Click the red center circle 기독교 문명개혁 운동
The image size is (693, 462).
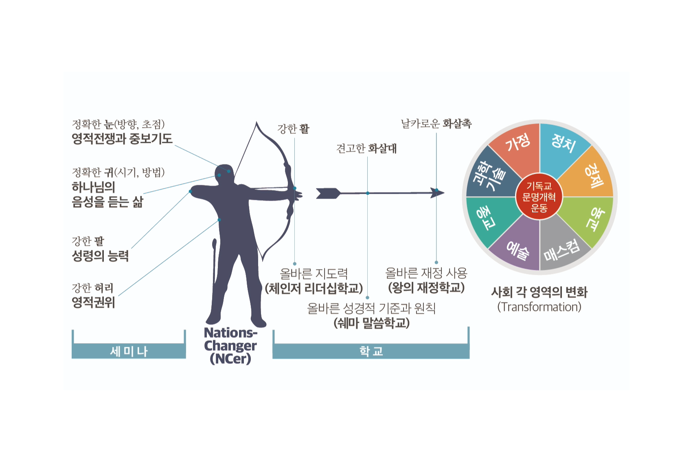pyautogui.click(x=539, y=197)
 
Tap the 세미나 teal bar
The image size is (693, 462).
pyautogui.click(x=129, y=351)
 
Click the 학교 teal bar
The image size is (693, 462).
pyautogui.click(x=371, y=351)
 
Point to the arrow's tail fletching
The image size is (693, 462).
pyautogui.click(x=328, y=193)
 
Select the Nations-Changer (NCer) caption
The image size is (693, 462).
pyautogui.click(x=230, y=346)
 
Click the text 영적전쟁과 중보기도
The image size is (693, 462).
pyautogui.click(x=122, y=139)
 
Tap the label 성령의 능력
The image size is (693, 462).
pyautogui.click(x=100, y=256)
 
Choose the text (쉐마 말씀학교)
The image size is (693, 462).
pyautogui.click(x=371, y=323)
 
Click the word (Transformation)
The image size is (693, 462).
pyautogui.click(x=539, y=307)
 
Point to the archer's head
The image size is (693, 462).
pyautogui.click(x=224, y=173)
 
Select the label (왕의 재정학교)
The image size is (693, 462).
pyautogui.click(x=426, y=288)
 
